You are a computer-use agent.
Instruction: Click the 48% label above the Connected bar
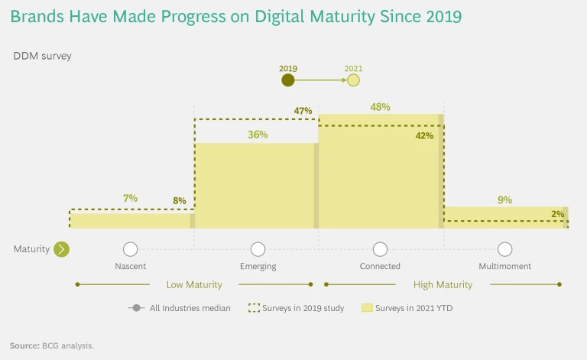380,107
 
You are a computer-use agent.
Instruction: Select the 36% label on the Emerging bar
258,135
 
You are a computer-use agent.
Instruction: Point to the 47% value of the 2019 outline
303,111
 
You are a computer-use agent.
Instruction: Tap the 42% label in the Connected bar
424,135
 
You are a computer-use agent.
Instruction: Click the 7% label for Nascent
130,198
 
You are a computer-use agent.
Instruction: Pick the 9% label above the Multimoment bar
504,199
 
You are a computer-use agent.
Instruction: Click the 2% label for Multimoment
557,214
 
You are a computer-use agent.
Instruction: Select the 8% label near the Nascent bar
180,201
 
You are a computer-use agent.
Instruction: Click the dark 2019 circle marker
288,79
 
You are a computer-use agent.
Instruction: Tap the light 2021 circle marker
353,79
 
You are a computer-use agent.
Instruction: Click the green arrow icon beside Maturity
61,249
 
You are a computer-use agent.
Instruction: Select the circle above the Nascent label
130,249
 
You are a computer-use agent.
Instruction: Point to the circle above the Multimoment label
504,249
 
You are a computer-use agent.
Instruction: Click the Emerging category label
258,266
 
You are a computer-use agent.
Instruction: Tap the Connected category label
380,266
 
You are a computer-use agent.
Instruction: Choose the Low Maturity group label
194,284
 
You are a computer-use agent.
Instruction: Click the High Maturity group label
443,284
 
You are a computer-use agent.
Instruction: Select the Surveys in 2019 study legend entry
296,308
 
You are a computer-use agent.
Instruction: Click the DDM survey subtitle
42,56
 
